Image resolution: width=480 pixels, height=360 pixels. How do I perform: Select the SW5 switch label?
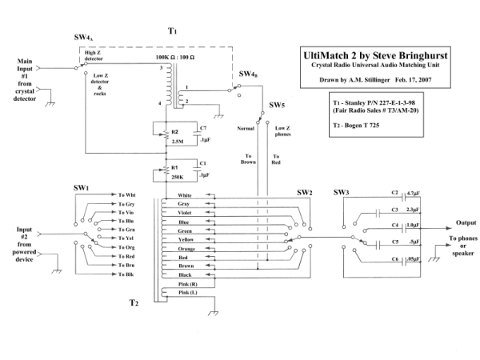tap(277, 106)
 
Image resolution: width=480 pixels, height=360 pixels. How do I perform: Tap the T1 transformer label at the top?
tap(172, 30)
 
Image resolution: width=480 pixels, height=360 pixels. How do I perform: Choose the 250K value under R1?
tap(167, 177)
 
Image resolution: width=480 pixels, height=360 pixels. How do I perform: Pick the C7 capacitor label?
tap(202, 128)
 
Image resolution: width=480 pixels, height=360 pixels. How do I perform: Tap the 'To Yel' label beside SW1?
tap(126, 238)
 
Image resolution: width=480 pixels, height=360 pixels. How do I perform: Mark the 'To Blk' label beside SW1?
tap(126, 274)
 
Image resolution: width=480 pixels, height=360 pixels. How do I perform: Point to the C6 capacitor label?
tap(394, 259)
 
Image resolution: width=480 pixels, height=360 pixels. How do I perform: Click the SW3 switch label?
tap(341, 192)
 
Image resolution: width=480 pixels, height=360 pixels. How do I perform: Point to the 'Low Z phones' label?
tap(284, 131)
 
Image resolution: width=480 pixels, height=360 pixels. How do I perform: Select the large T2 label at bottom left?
tap(134, 302)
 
